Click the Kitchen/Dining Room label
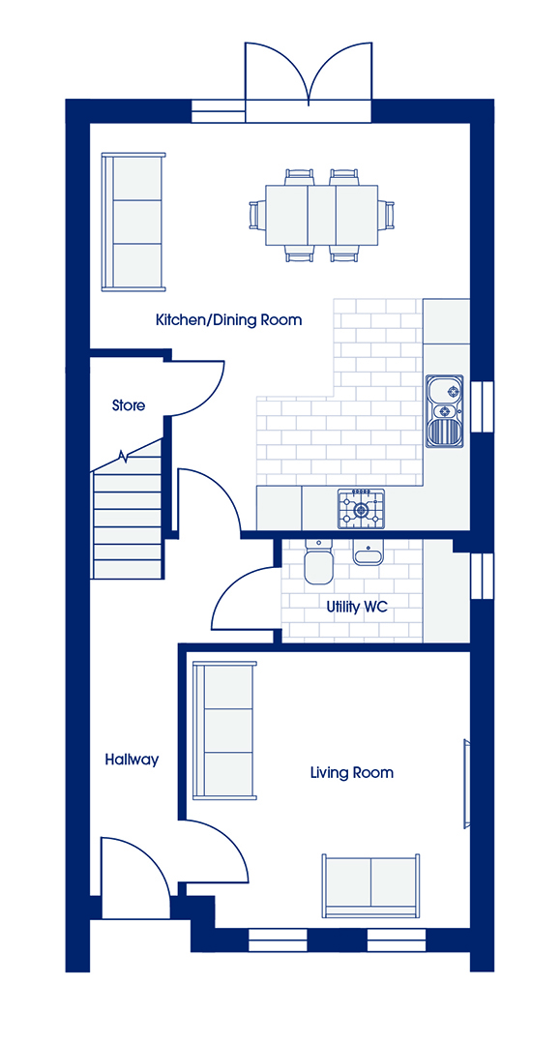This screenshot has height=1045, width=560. (228, 320)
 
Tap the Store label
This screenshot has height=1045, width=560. (129, 404)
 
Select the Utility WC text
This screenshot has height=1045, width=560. (357, 607)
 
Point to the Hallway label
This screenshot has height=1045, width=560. (132, 760)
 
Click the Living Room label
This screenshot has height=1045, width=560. (352, 772)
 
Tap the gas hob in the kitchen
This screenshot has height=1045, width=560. (362, 509)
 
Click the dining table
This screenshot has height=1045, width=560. (322, 215)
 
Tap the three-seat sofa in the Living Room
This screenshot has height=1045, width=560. (224, 730)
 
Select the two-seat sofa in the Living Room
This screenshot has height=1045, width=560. (370, 885)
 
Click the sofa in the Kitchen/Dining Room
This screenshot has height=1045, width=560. (133, 222)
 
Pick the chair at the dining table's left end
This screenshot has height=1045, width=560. (256, 215)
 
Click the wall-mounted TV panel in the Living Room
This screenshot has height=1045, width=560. (466, 784)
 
